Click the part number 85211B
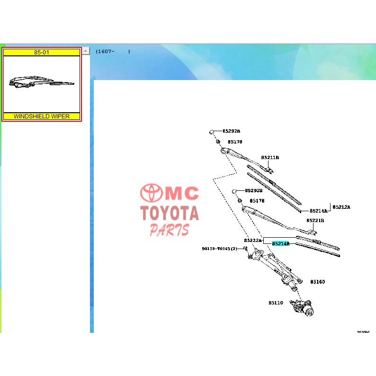coord(270,158)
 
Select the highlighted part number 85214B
coord(280,243)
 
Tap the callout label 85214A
coord(318,211)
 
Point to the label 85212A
coord(341,207)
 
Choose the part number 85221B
coord(315,220)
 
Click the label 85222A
coord(253,240)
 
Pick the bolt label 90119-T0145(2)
coord(219,249)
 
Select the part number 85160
coord(317,282)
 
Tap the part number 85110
coord(276,303)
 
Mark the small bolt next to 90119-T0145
coord(246,249)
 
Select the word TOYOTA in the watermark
coord(170,214)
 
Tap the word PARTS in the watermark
coord(170,230)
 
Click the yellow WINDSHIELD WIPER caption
coord(42,116)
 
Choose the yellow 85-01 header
coord(42,52)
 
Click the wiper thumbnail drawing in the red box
coord(42,83)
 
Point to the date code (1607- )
coord(113,51)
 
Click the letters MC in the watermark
coord(183,194)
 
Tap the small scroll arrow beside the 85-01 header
coord(85,50)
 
